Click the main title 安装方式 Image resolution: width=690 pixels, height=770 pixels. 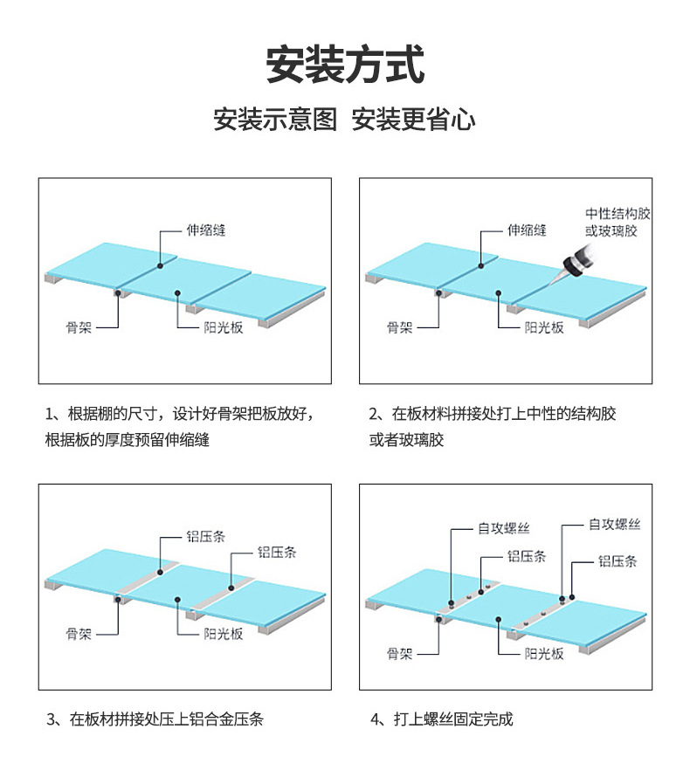(x=345, y=65)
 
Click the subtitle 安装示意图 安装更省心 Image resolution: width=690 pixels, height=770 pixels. (x=345, y=120)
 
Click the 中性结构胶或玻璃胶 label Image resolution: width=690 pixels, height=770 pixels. (x=618, y=223)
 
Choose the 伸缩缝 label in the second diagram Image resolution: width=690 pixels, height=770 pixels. (x=527, y=230)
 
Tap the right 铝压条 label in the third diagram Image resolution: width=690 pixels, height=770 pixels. (x=277, y=552)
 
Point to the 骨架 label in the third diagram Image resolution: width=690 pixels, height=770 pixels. (x=79, y=634)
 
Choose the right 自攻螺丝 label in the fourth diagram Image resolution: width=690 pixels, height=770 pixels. (x=614, y=524)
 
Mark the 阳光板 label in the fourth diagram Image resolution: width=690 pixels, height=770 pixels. (x=543, y=653)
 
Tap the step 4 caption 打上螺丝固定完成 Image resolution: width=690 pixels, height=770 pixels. (x=441, y=719)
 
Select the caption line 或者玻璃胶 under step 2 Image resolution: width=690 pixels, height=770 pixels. (x=407, y=440)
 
